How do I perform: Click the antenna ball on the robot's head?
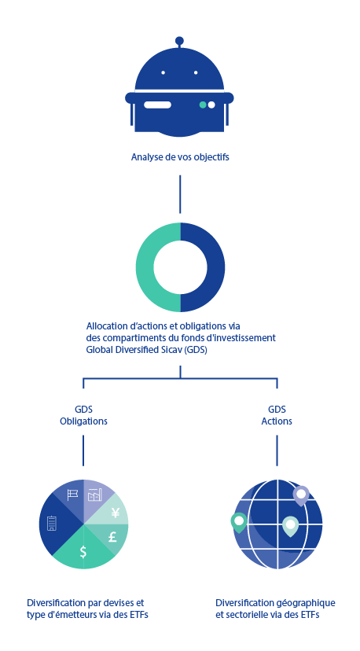click(x=179, y=41)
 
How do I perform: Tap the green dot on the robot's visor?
click(x=203, y=105)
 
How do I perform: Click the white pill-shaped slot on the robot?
click(x=157, y=105)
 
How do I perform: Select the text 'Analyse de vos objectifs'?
click(x=180, y=157)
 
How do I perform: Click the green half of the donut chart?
click(x=145, y=267)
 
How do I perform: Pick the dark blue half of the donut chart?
click(x=216, y=267)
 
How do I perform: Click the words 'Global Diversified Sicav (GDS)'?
click(x=146, y=350)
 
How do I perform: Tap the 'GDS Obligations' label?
click(x=83, y=416)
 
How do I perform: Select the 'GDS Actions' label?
click(x=277, y=416)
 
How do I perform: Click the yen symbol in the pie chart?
click(x=116, y=513)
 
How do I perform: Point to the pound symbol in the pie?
click(x=112, y=537)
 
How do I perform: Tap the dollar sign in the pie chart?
click(x=83, y=551)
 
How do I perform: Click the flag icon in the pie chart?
click(x=72, y=495)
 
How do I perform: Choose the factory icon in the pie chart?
click(x=95, y=495)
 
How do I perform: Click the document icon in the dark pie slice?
click(x=52, y=523)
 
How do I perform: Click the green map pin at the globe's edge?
click(x=239, y=522)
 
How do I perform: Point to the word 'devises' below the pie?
click(x=121, y=602)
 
